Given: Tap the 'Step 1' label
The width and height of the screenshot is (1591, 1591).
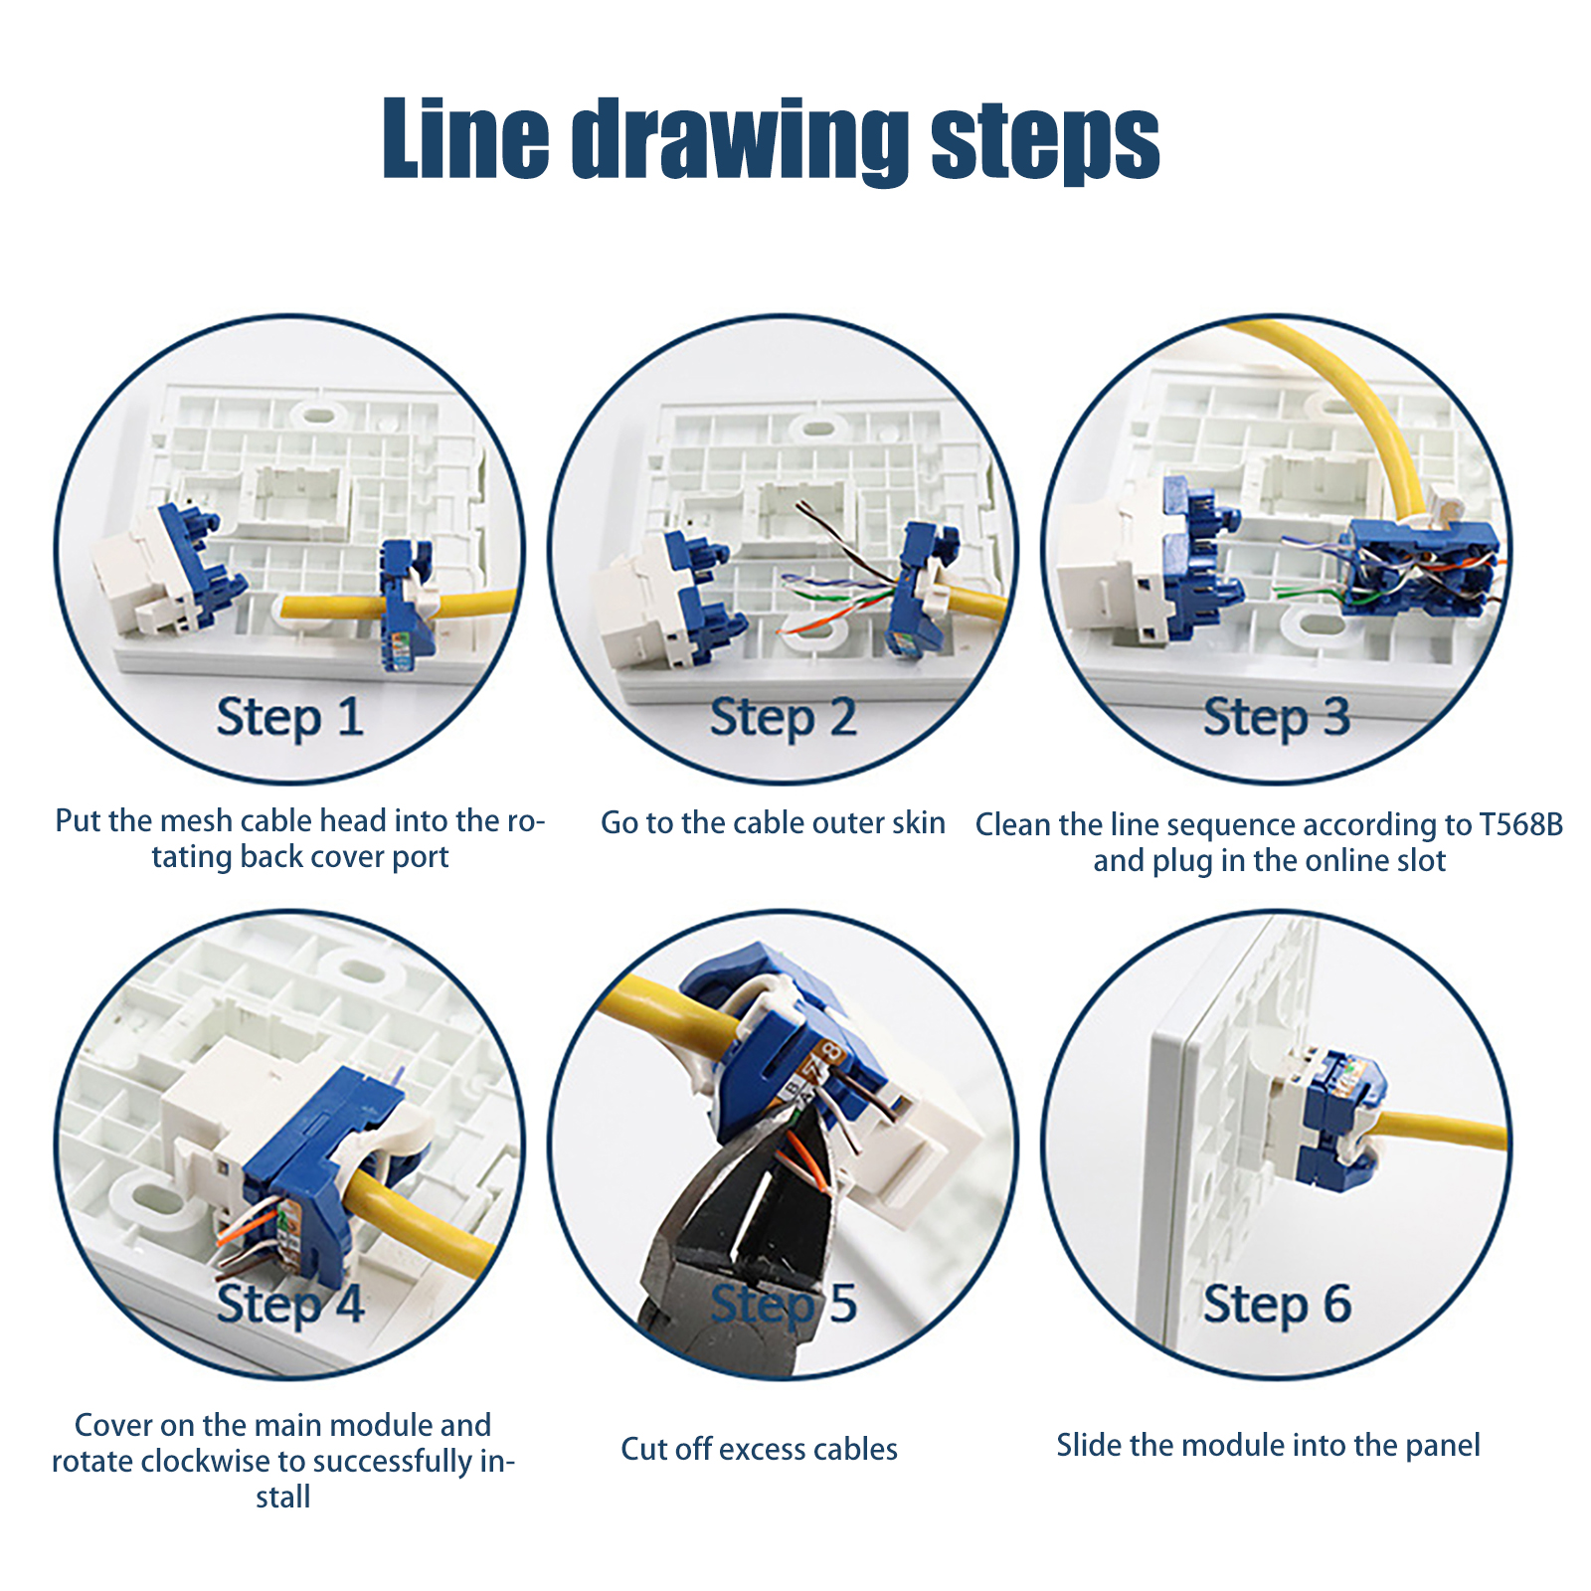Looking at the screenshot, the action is (290, 717).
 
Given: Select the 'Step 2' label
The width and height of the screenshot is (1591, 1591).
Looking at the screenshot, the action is (784, 717).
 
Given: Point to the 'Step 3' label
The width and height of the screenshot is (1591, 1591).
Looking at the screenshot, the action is (1277, 717).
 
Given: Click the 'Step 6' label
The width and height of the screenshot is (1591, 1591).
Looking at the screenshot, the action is (1277, 1304).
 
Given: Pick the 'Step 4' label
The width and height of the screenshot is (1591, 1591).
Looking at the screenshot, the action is (290, 1304).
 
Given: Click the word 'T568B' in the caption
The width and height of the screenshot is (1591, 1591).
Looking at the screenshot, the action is (1521, 824).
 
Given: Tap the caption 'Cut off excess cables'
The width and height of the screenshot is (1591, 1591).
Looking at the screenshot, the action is (759, 1449).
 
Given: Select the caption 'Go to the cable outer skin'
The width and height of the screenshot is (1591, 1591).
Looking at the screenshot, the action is (773, 822).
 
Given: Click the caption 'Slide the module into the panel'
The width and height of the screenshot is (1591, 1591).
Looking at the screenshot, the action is (1268, 1445).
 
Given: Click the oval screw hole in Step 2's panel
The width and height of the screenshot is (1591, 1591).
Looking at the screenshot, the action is (817, 430).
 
